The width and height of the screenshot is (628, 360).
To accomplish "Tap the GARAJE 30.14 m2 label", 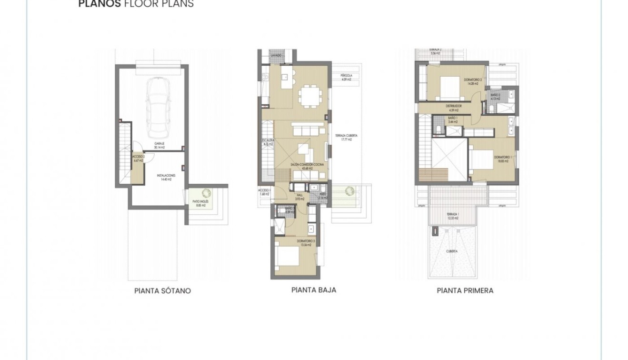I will tap(159, 145).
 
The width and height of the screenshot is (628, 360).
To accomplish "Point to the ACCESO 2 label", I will tap(138, 158).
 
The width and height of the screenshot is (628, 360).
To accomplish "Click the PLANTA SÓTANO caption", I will tap(162, 290).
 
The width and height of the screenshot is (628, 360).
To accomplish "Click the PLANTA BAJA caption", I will tap(313, 290).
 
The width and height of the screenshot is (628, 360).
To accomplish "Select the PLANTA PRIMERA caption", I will tap(465, 290).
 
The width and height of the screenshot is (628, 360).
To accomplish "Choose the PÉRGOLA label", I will tap(346, 78).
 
